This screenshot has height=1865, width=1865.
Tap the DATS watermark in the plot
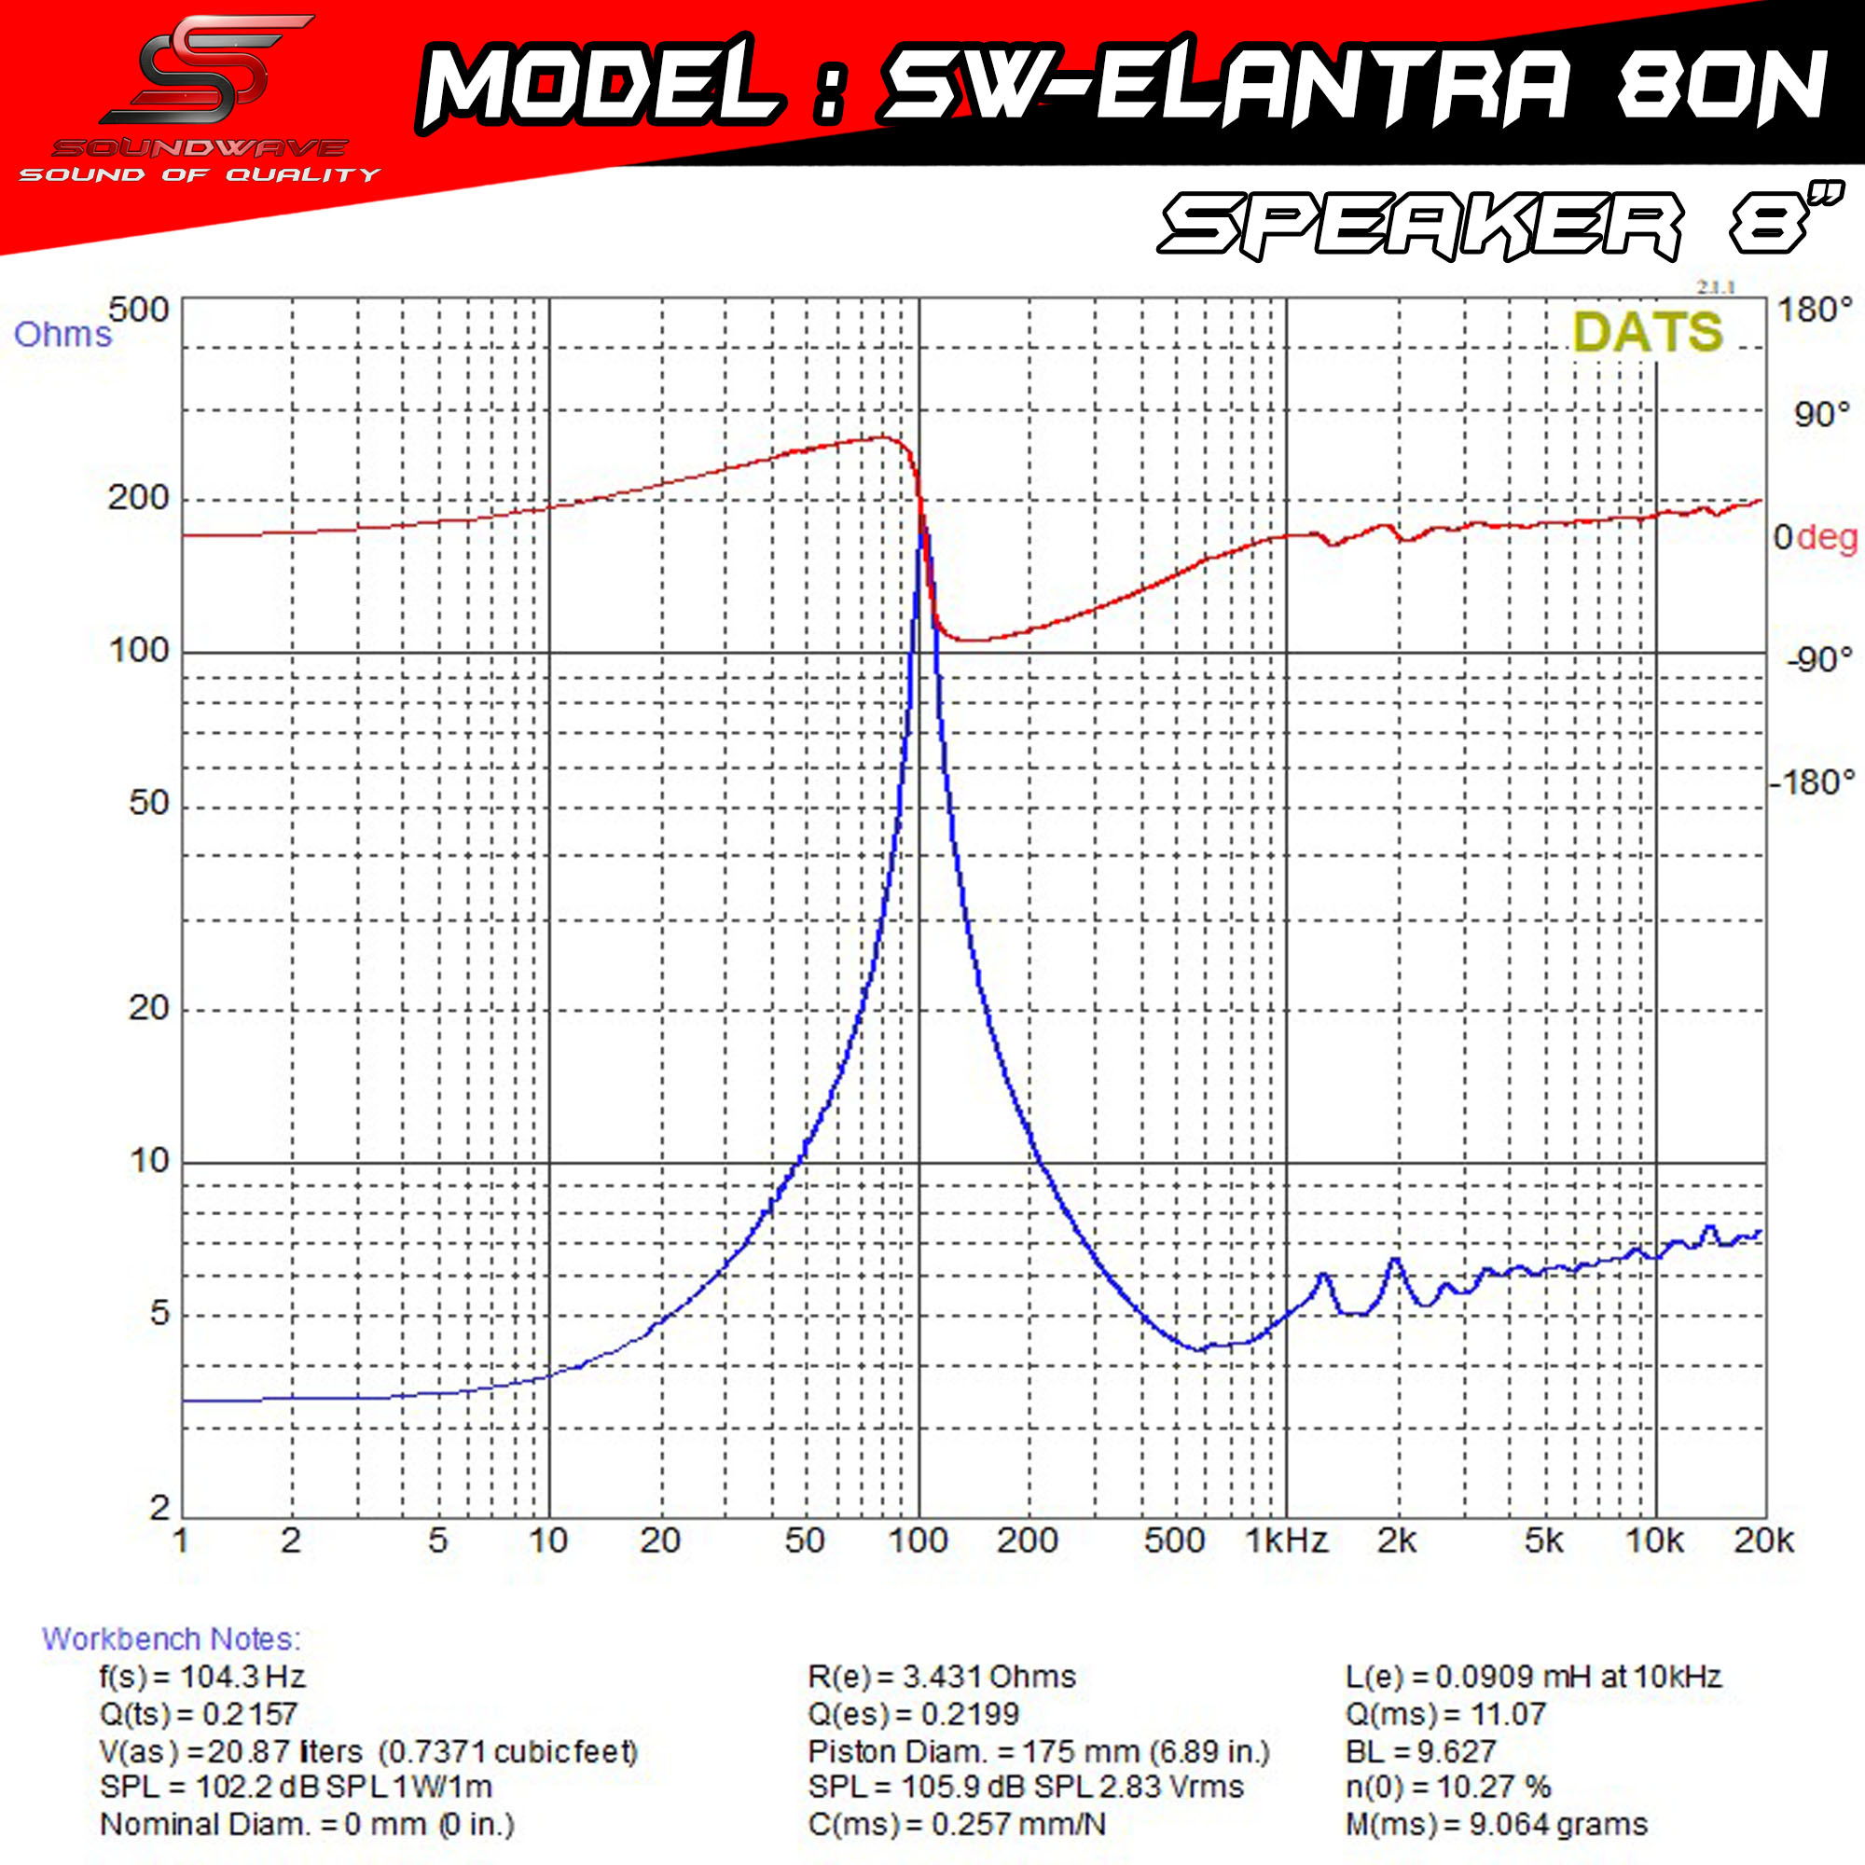1647,332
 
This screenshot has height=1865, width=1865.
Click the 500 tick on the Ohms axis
139,310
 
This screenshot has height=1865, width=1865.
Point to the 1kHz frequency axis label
1287,1540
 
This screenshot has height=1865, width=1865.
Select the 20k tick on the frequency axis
1763,1540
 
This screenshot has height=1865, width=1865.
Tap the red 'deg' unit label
1828,538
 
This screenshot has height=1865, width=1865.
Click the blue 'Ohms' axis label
62,334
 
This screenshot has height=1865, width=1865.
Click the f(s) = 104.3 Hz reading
202,1676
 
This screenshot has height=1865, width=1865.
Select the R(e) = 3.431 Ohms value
941,1676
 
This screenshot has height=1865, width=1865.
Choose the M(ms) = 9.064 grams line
1496,1825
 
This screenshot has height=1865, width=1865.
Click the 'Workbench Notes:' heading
171,1638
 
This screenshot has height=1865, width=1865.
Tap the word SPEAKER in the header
1420,225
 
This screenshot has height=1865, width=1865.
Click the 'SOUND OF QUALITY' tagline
200,174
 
